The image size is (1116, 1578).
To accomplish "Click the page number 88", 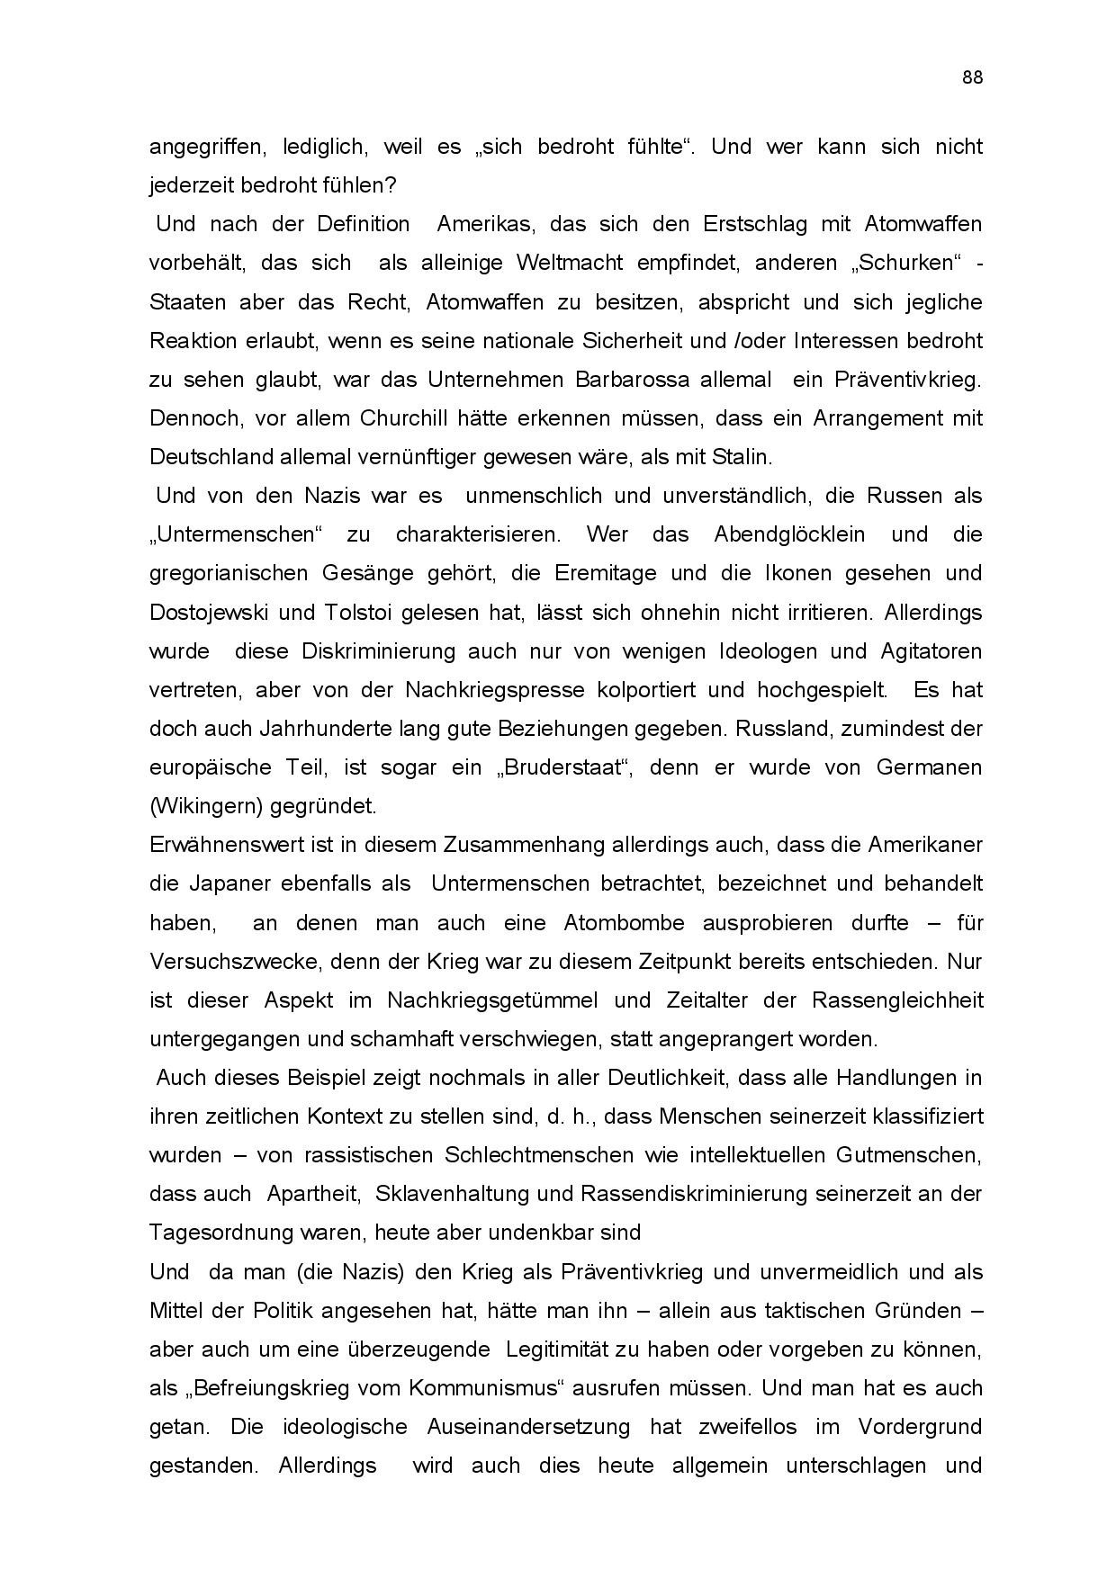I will point(972,77).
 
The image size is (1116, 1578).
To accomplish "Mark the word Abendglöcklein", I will point(789,534).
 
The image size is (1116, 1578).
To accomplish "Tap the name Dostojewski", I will point(210,613).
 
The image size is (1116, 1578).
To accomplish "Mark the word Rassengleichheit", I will point(897,1000).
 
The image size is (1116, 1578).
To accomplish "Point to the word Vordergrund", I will point(919,1427).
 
